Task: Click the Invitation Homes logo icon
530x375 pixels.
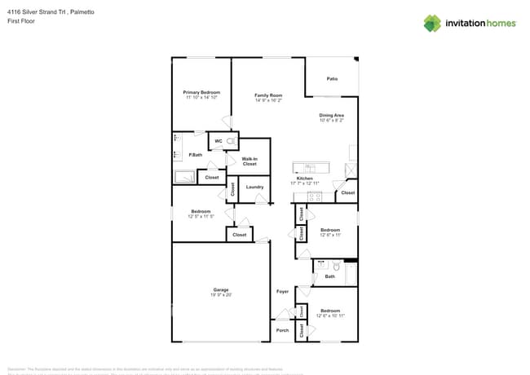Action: tap(432, 23)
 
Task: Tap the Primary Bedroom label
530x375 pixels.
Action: tap(201, 93)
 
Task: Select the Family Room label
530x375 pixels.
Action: tap(267, 95)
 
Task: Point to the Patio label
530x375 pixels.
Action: tap(332, 79)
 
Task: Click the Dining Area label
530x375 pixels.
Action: tap(331, 116)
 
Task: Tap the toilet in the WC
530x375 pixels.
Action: tap(232, 142)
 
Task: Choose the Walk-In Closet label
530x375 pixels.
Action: tap(250, 161)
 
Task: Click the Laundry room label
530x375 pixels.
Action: tap(254, 187)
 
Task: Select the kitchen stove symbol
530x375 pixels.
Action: tap(313, 196)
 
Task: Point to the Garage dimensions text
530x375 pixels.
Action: tap(221, 295)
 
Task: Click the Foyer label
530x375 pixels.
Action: tap(282, 291)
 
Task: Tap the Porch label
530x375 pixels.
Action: tap(282, 330)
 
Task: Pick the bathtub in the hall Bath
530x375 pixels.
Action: tap(351, 272)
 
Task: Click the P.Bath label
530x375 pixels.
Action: tap(196, 155)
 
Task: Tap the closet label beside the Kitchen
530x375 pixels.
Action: tap(347, 192)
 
